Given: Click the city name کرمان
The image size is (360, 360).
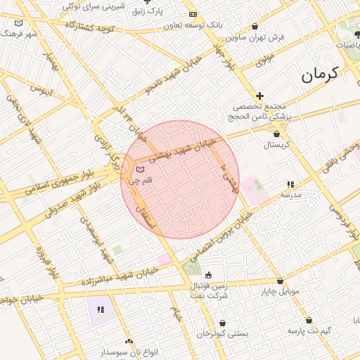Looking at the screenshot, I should [x=321, y=74].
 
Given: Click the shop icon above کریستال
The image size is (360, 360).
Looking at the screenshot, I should [x=276, y=134].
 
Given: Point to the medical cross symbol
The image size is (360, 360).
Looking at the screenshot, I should [x=259, y=96].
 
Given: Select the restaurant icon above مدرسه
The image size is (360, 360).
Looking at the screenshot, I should [x=291, y=184].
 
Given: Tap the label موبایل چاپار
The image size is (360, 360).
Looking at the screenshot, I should [x=281, y=291].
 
